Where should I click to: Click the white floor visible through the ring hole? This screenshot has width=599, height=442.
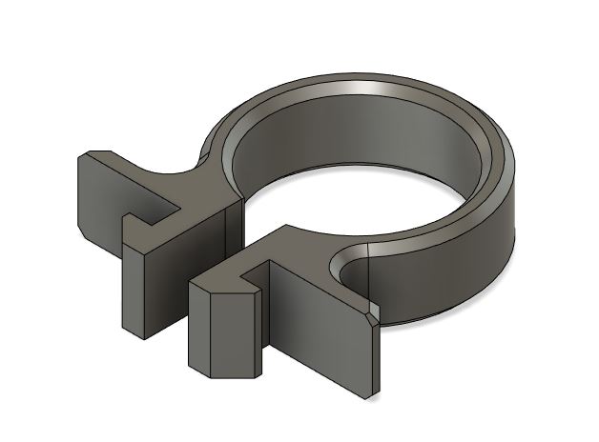tap(382, 205)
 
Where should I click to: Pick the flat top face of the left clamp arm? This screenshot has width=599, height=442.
tap(191, 195)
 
